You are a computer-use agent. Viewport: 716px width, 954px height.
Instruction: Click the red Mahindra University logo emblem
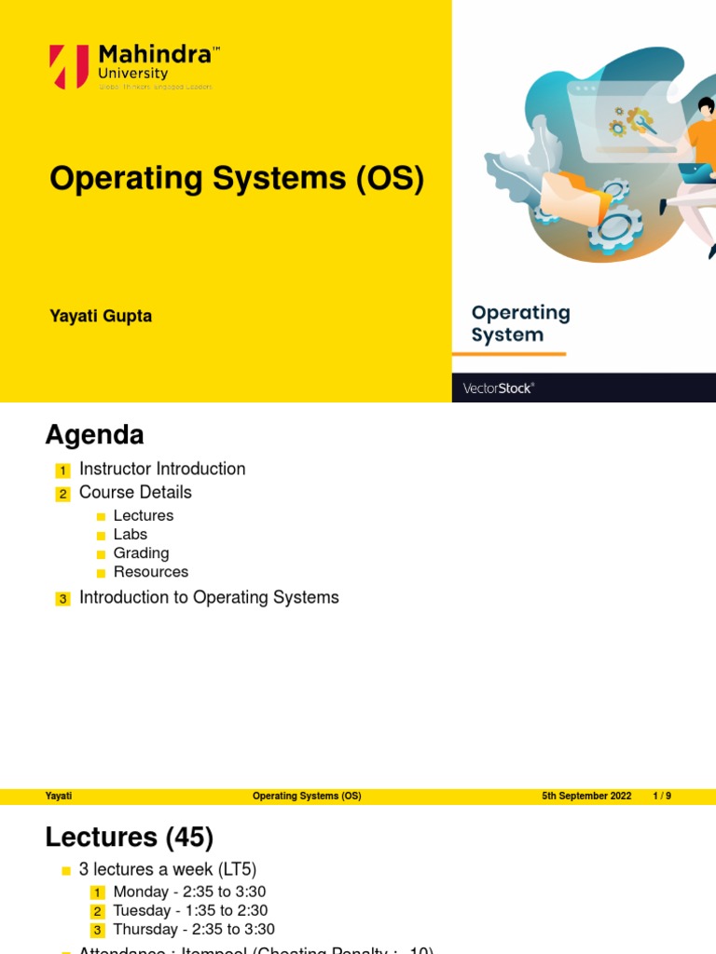coord(69,66)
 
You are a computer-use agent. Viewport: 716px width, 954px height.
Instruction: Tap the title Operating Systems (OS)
coord(237,179)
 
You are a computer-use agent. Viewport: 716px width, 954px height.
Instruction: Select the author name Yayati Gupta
coord(101,317)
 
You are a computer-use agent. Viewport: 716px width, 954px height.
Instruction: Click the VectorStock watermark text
coord(499,388)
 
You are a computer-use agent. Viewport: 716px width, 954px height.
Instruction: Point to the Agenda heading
coord(95,435)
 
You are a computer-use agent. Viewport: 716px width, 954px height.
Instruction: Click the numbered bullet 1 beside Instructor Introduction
coord(62,470)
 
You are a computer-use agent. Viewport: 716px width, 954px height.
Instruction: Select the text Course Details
coord(135,492)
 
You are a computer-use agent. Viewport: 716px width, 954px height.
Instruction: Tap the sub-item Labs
coord(131,535)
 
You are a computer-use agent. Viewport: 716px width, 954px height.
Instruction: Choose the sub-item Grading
coord(141,553)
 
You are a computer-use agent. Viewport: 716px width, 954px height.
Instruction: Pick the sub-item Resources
coord(151,572)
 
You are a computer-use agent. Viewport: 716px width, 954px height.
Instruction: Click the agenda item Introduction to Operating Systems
coord(209,598)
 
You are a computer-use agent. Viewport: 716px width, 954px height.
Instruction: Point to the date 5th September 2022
coord(586,797)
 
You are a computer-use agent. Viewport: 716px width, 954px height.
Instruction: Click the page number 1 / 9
coord(662,797)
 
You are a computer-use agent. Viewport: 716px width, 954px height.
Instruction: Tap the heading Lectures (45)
coord(130,838)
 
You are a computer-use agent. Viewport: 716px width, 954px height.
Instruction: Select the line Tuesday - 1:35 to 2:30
coord(190,911)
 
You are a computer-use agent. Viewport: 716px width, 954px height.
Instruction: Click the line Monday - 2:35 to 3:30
coord(190,893)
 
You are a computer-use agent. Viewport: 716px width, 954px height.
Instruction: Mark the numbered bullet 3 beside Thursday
coord(98,930)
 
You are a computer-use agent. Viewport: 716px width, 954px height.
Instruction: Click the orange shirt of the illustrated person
coord(705,140)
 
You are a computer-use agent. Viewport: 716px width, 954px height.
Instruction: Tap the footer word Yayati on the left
coord(59,797)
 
